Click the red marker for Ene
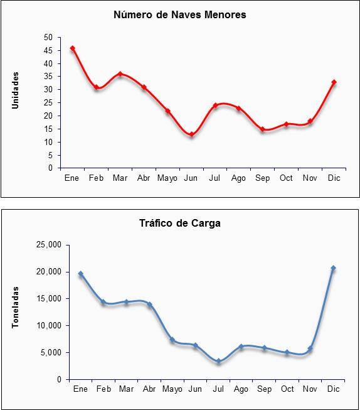[x=73, y=48]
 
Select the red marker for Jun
[x=191, y=134]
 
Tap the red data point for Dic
[x=334, y=82]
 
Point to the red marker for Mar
[x=120, y=74]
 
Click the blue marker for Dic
[x=333, y=268]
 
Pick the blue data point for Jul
[x=218, y=362]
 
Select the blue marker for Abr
[x=149, y=305]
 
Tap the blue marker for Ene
[x=81, y=274]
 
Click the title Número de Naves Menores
[x=180, y=14]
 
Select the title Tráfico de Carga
[x=180, y=224]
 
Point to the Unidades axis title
[x=16, y=90]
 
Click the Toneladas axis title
[x=16, y=307]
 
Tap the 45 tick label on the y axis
[x=48, y=50]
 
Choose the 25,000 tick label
[x=49, y=245]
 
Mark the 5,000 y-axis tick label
[x=51, y=352]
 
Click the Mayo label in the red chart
[x=167, y=178]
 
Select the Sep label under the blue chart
[x=264, y=389]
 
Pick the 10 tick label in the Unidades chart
[x=48, y=143]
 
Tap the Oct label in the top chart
[x=286, y=178]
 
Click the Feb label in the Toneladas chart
[x=103, y=389]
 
